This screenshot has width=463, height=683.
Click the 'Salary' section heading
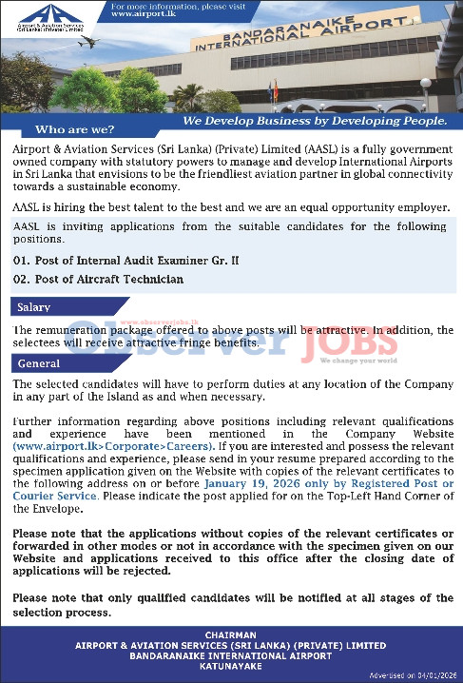click(33, 307)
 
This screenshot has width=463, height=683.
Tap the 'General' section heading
click(38, 363)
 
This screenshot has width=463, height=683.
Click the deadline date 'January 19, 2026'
click(253, 483)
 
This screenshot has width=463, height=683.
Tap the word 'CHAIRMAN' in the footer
click(232, 634)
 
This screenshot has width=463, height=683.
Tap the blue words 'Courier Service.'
click(56, 496)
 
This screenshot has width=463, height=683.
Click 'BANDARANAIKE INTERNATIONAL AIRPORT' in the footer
click(232, 655)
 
